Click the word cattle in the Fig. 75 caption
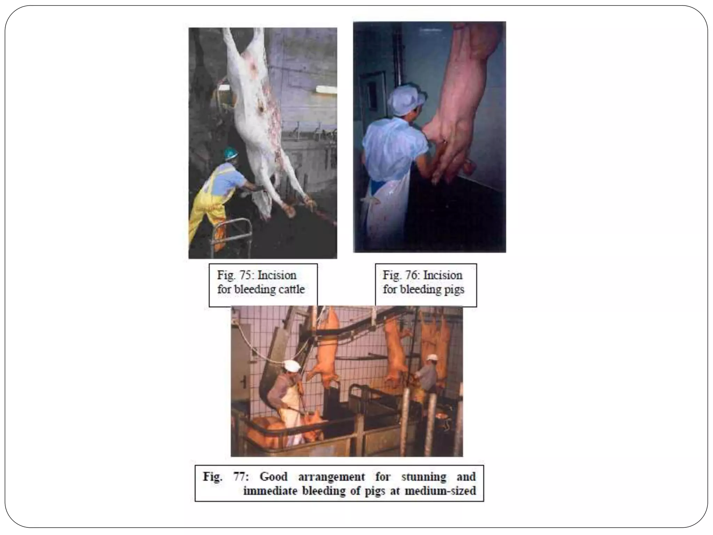pyautogui.click(x=290, y=289)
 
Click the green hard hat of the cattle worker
pyautogui.click(x=230, y=153)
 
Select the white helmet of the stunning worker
pyautogui.click(x=292, y=366)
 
